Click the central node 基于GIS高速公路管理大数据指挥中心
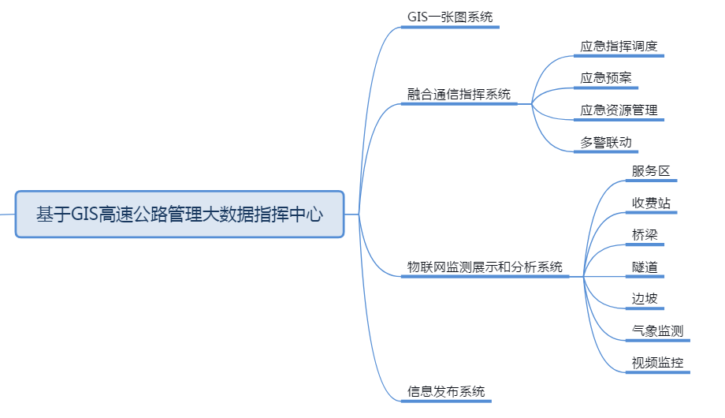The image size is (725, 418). pyautogui.click(x=180, y=214)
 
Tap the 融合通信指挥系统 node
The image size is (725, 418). pyautogui.click(x=459, y=95)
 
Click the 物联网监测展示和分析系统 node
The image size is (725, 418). pyautogui.click(x=485, y=267)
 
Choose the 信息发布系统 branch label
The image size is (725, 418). pyautogui.click(x=446, y=391)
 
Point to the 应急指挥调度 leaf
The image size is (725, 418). pyautogui.click(x=619, y=47)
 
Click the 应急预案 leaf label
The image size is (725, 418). pyautogui.click(x=605, y=78)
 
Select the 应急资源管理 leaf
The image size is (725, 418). pyautogui.click(x=619, y=110)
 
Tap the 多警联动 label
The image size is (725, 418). pyautogui.click(x=605, y=143)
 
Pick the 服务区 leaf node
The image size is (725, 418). pyautogui.click(x=650, y=171)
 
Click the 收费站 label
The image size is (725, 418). pyautogui.click(x=650, y=203)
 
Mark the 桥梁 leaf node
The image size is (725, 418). pyautogui.click(x=644, y=235)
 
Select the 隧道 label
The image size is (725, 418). pyautogui.click(x=644, y=267)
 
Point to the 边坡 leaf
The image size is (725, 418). pyautogui.click(x=644, y=299)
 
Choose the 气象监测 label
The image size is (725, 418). pyautogui.click(x=656, y=331)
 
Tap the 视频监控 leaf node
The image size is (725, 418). pyautogui.click(x=656, y=364)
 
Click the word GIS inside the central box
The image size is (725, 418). pyautogui.click(x=84, y=214)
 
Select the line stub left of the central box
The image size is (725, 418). pyautogui.click(x=7, y=214)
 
